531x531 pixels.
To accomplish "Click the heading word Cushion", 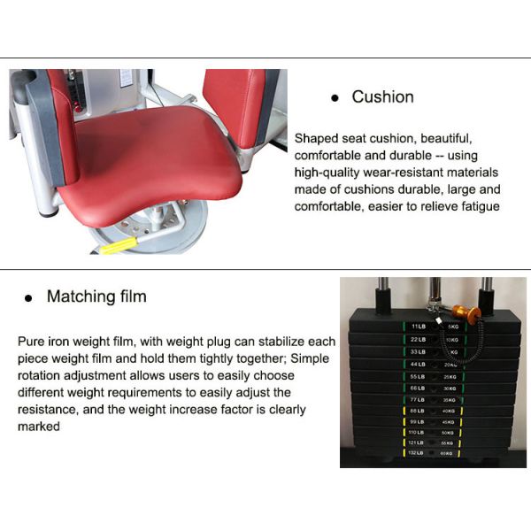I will point(382,96).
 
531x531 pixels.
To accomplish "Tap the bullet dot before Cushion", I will point(335,98).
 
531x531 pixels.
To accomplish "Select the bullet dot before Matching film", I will point(27,298).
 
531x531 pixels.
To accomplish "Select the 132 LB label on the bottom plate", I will point(417,452).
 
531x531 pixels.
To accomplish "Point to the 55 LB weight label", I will point(418,376).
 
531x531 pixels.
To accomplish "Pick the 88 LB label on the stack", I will point(418,410).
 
